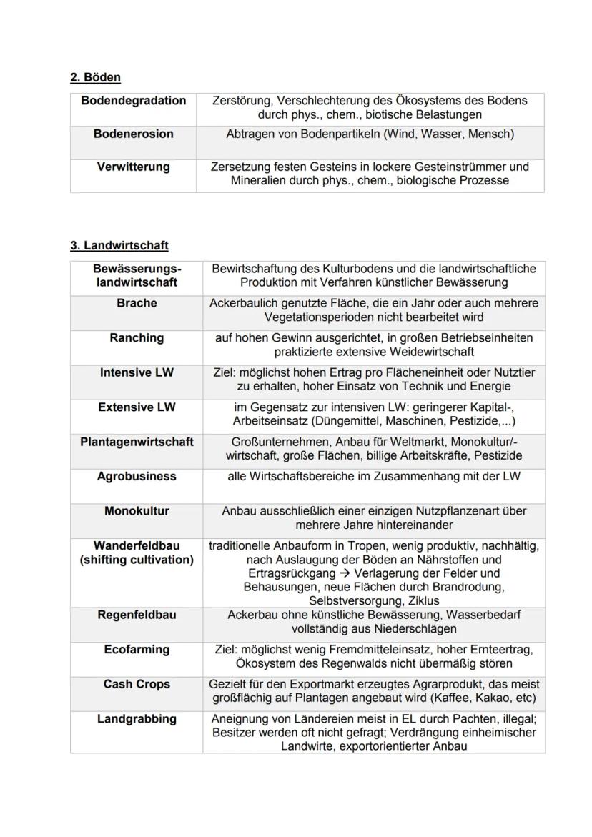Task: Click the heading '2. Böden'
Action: click(95, 77)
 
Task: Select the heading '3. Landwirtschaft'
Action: click(119, 246)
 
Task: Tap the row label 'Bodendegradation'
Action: click(133, 101)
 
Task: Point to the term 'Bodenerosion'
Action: click(133, 134)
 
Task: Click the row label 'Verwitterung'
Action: click(133, 167)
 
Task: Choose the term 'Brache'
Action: click(137, 304)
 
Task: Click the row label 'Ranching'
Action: click(137, 338)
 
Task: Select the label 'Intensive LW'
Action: click(137, 373)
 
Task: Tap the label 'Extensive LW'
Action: click(137, 407)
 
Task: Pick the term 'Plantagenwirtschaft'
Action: click(137, 442)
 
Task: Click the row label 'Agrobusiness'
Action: click(137, 477)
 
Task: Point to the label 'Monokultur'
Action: click(137, 512)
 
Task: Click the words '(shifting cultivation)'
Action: click(137, 560)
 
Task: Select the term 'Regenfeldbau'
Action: click(137, 615)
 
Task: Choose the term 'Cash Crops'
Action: click(137, 685)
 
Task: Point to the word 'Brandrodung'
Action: click(470, 588)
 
